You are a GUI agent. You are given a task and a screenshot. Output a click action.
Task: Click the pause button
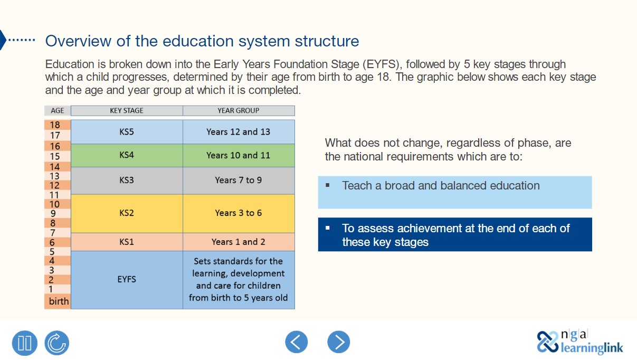click(x=25, y=343)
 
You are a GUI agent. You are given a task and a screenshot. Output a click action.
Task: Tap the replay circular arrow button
click(x=56, y=343)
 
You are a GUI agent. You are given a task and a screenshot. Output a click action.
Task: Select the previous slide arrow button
click(x=297, y=342)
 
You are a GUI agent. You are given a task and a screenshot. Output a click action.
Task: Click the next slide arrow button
click(x=339, y=342)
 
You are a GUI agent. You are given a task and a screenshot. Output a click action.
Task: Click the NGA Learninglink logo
click(x=580, y=342)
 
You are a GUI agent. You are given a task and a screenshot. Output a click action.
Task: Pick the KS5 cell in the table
click(x=127, y=132)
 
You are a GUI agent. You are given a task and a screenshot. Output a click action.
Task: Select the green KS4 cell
click(x=127, y=155)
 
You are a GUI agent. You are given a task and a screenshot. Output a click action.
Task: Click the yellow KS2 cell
click(x=127, y=213)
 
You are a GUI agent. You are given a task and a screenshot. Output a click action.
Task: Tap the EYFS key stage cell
click(x=127, y=279)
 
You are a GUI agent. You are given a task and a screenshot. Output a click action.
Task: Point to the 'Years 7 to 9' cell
click(x=239, y=181)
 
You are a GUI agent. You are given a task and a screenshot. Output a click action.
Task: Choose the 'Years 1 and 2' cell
click(x=239, y=242)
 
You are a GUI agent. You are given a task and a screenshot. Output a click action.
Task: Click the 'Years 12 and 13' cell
click(x=239, y=132)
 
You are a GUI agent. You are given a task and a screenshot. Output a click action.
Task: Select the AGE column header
click(x=58, y=111)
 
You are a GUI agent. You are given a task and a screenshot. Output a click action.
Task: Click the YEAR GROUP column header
click(x=239, y=111)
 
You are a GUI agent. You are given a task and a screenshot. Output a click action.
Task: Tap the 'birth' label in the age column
click(x=59, y=301)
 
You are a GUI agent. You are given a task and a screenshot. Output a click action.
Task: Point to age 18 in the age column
click(x=55, y=125)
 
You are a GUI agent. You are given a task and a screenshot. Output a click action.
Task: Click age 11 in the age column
click(x=54, y=195)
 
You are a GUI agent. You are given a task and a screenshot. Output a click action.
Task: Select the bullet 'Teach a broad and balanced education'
click(x=441, y=186)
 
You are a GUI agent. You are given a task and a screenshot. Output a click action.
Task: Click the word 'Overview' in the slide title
click(x=79, y=41)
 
